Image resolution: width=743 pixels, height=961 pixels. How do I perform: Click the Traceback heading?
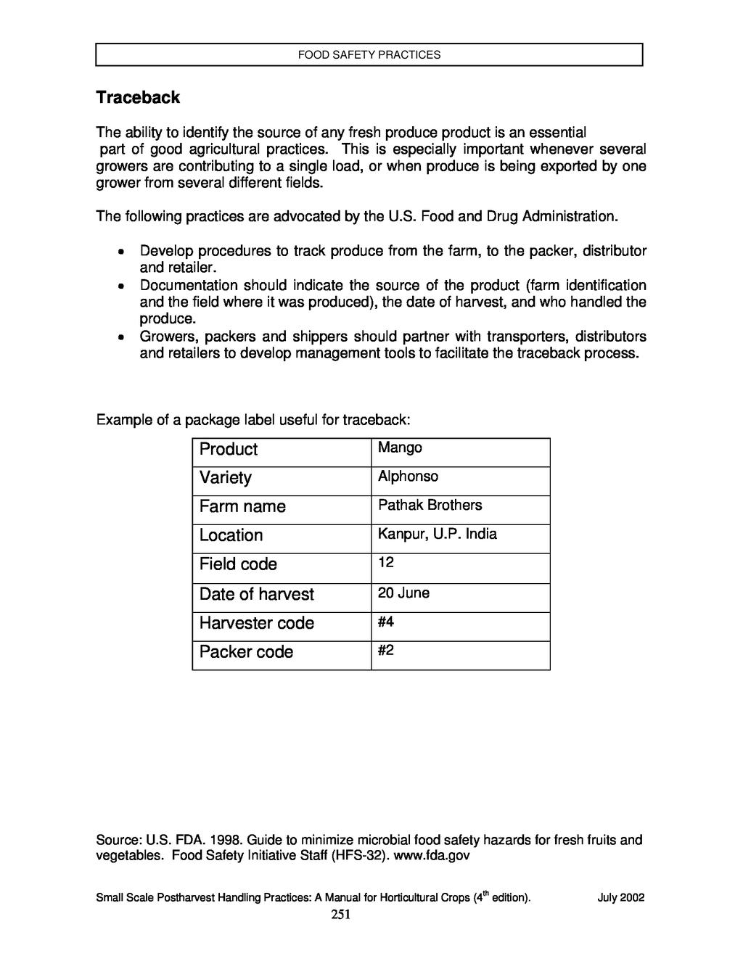pos(138,97)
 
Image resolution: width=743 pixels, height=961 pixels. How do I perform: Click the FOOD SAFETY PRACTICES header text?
pos(369,54)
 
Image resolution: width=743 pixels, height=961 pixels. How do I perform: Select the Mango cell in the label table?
pos(400,447)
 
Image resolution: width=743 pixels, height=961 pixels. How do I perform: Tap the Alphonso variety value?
pos(408,477)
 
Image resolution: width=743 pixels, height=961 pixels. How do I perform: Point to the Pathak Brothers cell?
pos(430,505)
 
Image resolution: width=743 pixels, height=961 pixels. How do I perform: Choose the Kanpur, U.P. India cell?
pos(437,535)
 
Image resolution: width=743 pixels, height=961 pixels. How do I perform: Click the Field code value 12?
pos(385,563)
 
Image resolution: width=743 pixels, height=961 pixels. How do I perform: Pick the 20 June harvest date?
pos(403,593)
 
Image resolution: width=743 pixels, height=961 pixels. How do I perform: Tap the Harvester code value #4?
pos(385,622)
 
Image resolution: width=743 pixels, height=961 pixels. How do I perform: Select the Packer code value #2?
pos(385,651)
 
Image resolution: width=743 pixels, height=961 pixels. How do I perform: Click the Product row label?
pos(229,450)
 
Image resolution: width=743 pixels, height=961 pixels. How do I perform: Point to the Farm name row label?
pos(242,507)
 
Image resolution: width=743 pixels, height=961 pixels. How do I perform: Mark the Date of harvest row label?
pos(257,595)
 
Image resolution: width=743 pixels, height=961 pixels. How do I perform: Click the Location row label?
pos(231,536)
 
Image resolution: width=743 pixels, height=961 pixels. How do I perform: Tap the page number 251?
pos(341,915)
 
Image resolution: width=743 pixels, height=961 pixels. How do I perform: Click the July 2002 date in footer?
pos(620,898)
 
